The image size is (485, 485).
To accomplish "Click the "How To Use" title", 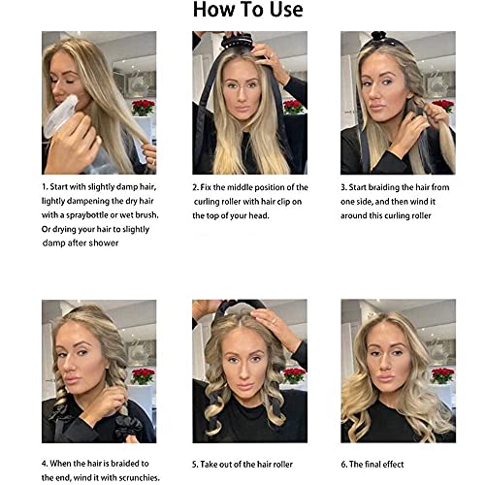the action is pyautogui.click(x=248, y=10).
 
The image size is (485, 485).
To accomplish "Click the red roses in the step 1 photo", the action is pyautogui.click(x=144, y=108).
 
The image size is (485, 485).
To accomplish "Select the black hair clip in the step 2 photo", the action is pyautogui.click(x=236, y=41).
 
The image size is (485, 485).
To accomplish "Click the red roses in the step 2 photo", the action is pyautogui.click(x=294, y=107).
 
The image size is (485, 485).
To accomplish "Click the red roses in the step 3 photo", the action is pyautogui.click(x=443, y=106).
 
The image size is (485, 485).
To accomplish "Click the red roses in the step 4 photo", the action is pyautogui.click(x=144, y=376).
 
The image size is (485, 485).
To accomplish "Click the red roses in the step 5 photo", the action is pyautogui.click(x=294, y=375).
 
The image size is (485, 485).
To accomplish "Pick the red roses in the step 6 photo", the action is pyautogui.click(x=442, y=375).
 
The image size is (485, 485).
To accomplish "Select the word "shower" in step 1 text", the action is pyautogui.click(x=105, y=242).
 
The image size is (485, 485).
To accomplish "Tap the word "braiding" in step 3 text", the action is pyautogui.click(x=384, y=187).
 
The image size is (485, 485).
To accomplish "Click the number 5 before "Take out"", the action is pyautogui.click(x=195, y=465).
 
